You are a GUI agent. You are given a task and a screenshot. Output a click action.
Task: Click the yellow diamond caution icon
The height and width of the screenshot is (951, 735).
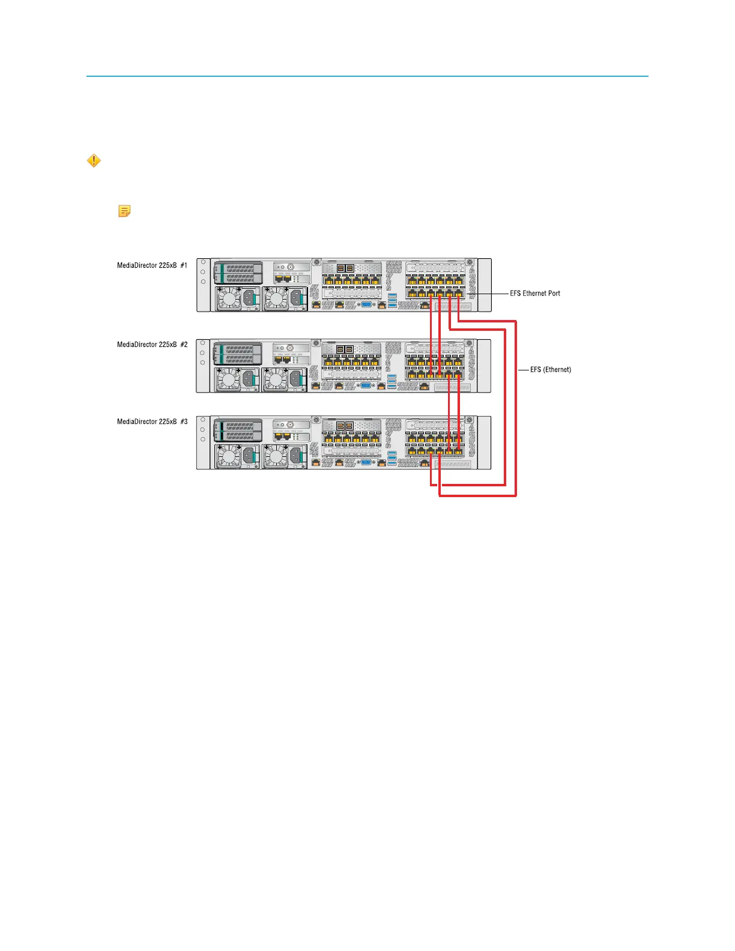click(94, 161)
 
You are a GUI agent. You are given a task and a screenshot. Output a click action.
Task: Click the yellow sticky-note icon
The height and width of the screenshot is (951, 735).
click(124, 211)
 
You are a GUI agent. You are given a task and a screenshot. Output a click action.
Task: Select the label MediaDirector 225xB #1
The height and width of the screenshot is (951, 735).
click(152, 265)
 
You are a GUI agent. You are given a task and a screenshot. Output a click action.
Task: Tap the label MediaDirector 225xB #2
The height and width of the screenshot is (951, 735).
click(152, 345)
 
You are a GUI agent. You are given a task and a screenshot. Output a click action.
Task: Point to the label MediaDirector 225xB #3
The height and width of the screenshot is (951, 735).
click(152, 421)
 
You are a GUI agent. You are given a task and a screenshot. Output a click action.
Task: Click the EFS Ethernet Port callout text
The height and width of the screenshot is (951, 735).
click(535, 294)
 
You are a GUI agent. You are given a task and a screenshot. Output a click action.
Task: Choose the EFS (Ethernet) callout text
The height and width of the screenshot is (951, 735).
click(550, 370)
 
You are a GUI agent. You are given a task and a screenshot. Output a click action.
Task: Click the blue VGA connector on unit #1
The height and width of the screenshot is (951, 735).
click(366, 304)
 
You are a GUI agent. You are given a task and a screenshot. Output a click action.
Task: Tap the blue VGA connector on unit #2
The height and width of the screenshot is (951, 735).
click(365, 385)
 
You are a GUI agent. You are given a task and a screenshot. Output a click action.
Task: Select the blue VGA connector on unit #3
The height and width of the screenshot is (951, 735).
click(365, 462)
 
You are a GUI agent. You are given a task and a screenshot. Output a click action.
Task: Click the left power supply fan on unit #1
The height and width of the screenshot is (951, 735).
click(228, 298)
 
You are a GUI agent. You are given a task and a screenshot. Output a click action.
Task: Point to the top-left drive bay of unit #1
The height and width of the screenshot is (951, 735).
click(239, 268)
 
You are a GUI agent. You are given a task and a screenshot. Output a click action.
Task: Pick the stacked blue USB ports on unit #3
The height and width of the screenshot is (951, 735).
click(392, 458)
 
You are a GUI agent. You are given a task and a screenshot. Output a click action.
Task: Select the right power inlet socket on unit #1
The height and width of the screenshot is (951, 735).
click(296, 298)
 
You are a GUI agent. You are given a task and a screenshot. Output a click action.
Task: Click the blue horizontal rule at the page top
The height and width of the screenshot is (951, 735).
click(367, 76)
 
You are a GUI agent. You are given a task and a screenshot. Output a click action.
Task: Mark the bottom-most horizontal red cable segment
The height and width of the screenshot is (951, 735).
click(477, 496)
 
